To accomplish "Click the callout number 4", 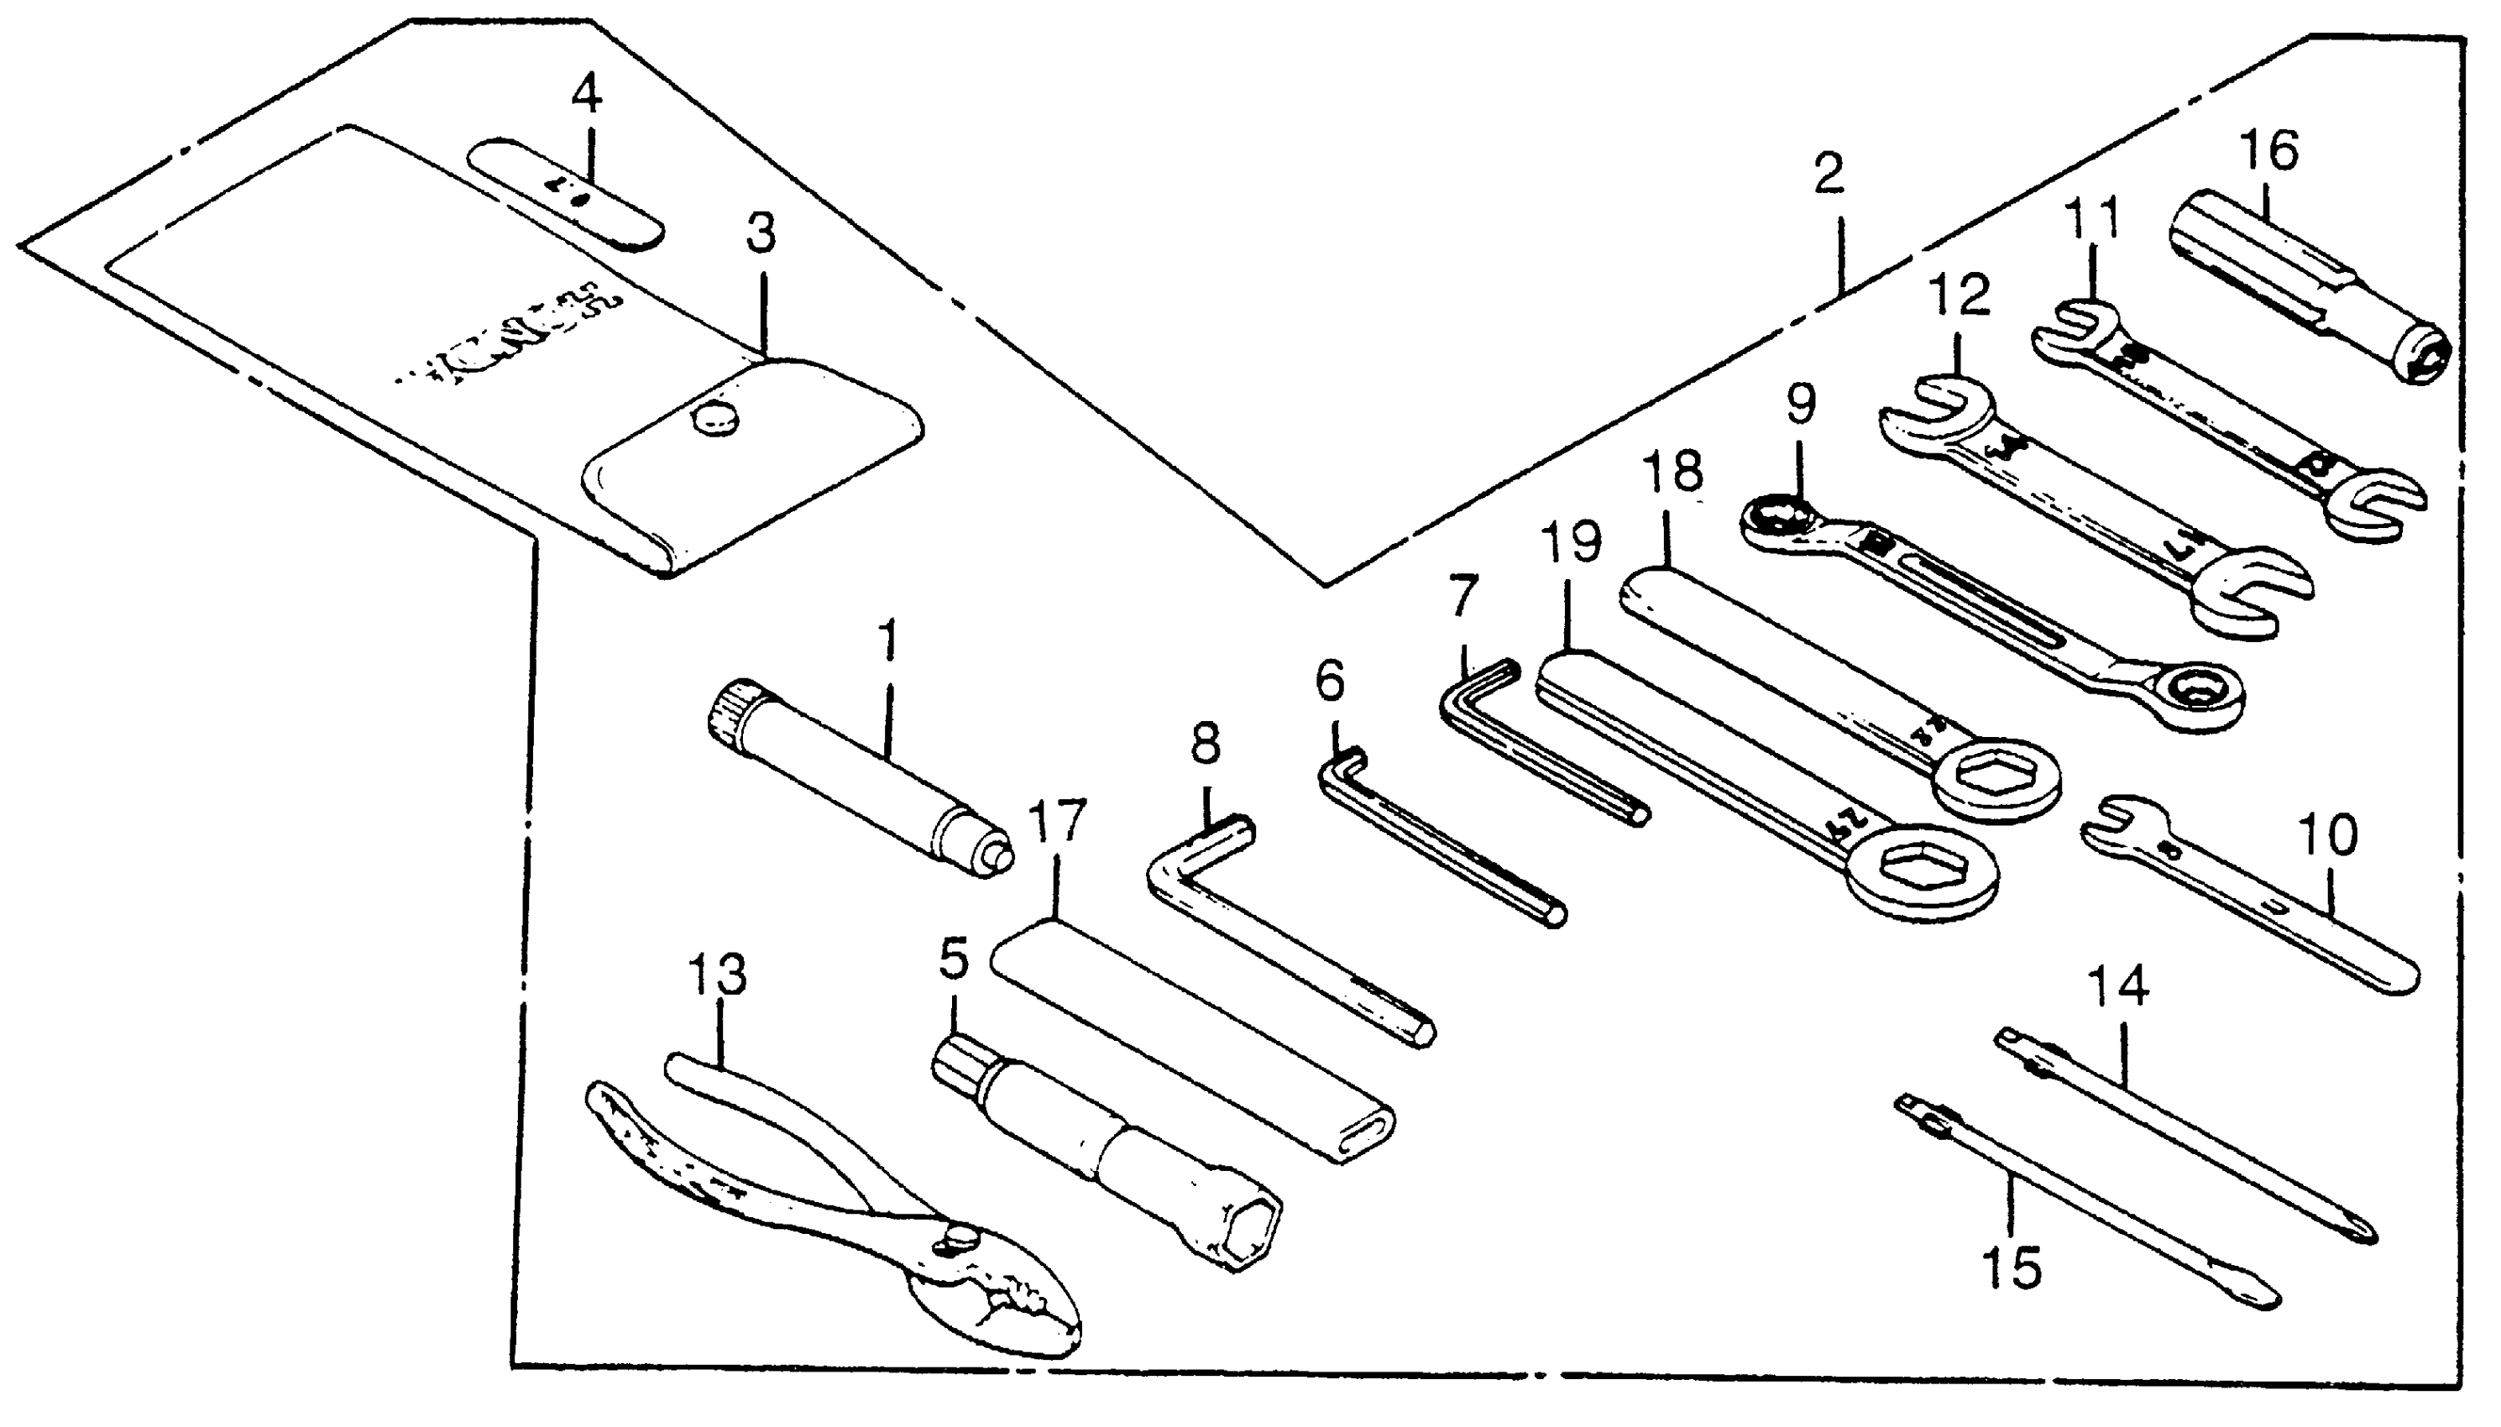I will [586, 96].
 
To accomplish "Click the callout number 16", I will [2268, 152].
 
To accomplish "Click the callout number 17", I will [1058, 820].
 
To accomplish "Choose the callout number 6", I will [1329, 680].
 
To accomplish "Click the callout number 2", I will [1828, 175].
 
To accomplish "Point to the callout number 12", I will [1960, 293].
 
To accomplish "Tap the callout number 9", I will [1800, 404].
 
